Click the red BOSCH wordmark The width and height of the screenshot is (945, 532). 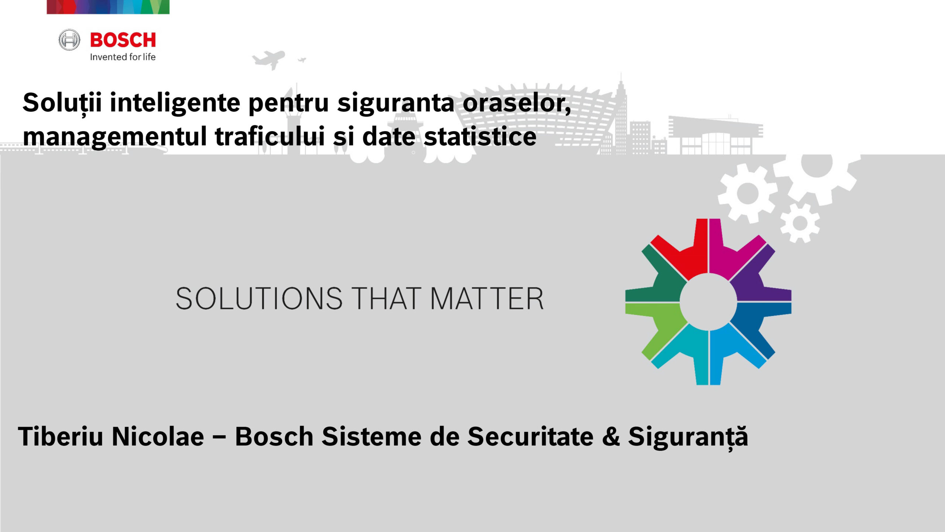(123, 40)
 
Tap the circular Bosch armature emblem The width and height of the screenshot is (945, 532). (69, 40)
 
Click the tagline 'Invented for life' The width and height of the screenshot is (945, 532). (123, 57)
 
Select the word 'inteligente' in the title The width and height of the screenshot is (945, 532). (175, 103)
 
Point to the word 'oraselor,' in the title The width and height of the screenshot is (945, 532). (517, 103)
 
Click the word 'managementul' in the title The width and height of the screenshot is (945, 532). (115, 137)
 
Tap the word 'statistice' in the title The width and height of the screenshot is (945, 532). (480, 136)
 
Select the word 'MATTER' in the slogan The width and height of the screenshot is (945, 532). (487, 299)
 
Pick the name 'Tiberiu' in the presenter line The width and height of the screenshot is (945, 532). (61, 436)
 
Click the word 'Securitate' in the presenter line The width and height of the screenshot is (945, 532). (530, 436)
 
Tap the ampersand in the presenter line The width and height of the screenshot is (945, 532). (611, 437)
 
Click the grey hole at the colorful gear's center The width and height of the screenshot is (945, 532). (708, 302)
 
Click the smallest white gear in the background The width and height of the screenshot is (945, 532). (800, 223)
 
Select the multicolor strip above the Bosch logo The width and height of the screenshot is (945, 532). (108, 7)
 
